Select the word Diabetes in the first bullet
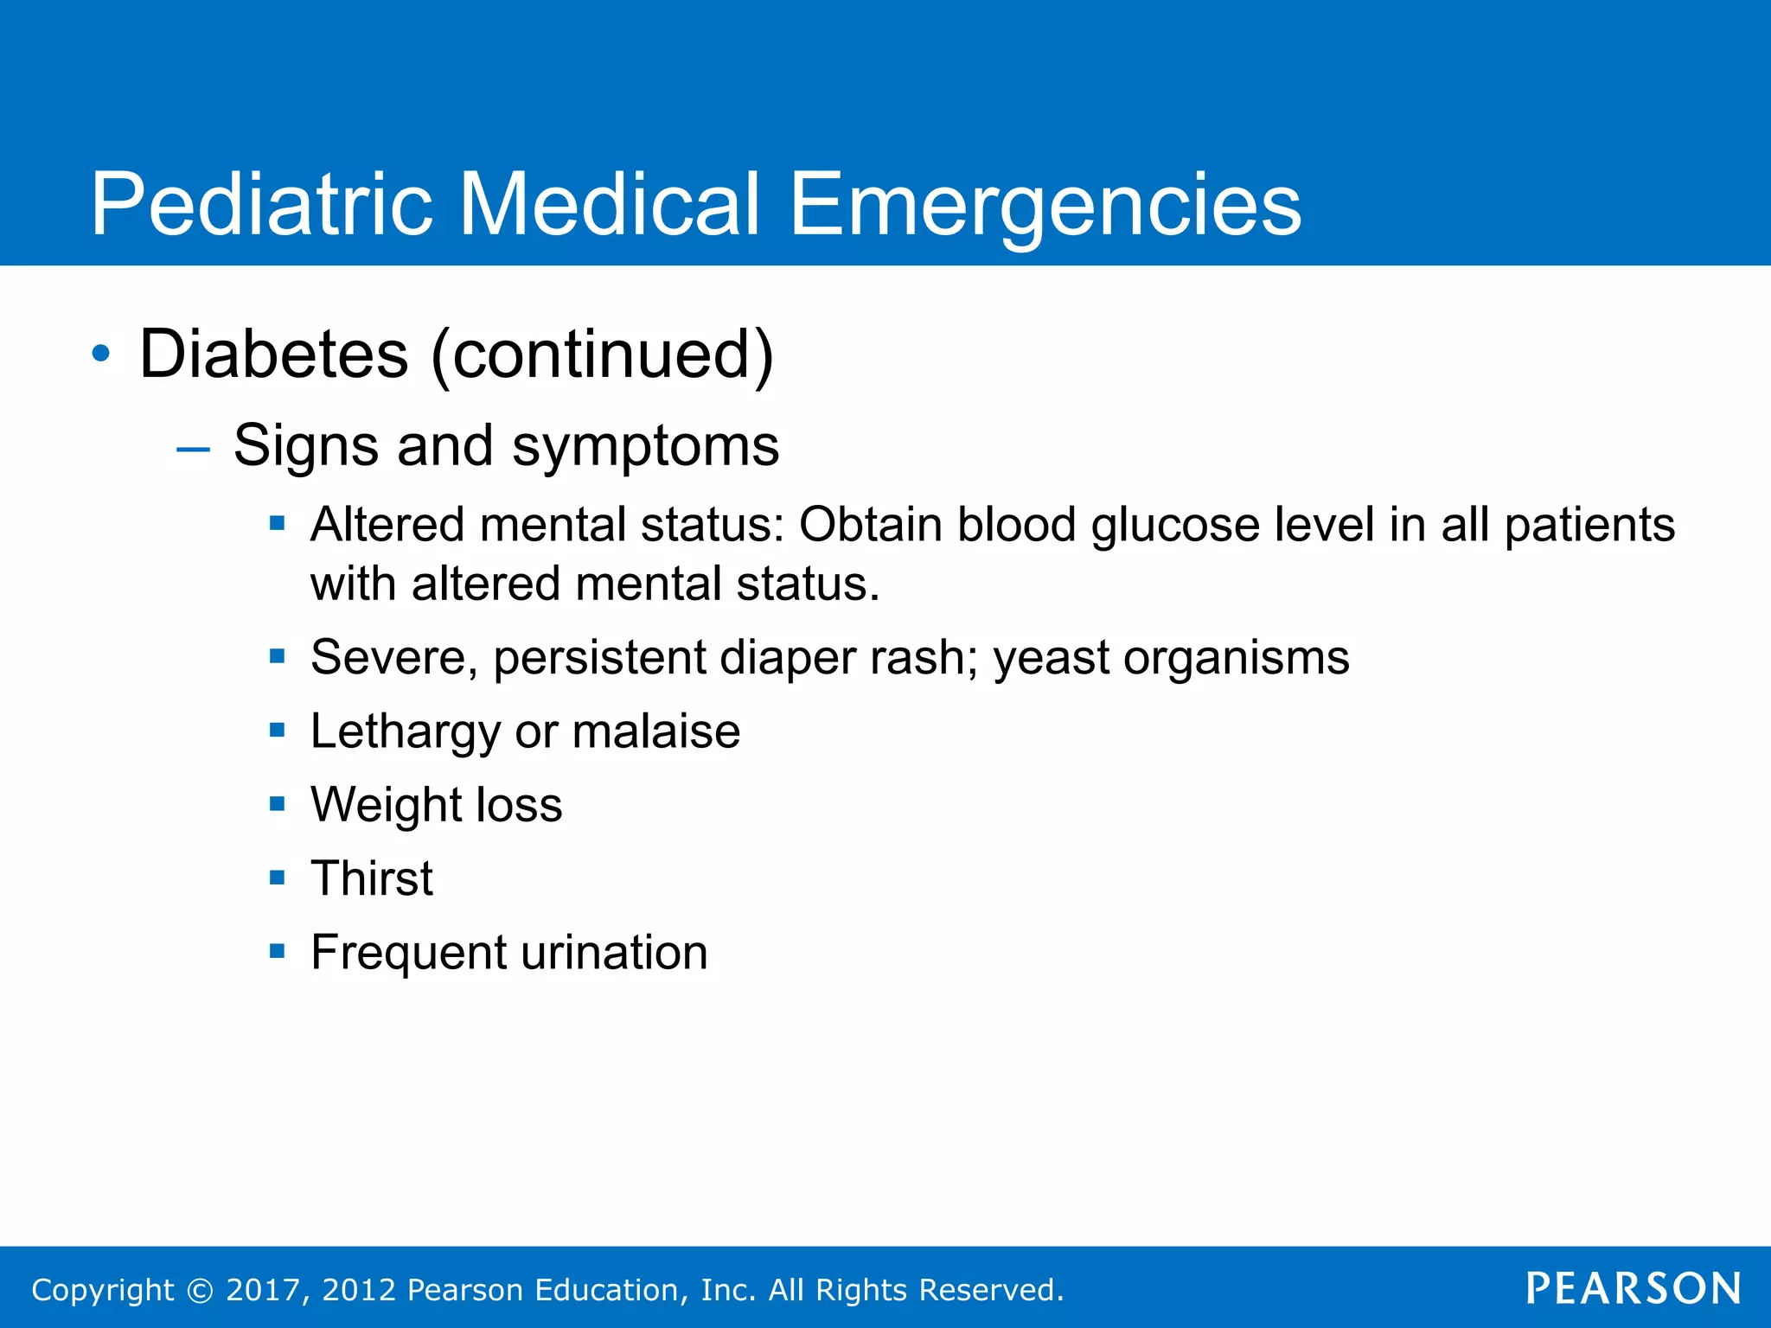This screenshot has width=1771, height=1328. pyautogui.click(x=273, y=354)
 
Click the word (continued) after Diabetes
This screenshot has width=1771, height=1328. pyautogui.click(x=602, y=354)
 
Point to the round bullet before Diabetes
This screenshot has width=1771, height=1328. pyautogui.click(x=101, y=354)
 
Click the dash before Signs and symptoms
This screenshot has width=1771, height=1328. pyautogui.click(x=192, y=449)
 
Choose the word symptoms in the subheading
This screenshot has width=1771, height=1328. pyautogui.click(x=645, y=447)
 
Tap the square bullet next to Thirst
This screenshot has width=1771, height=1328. pyautogui.click(x=277, y=878)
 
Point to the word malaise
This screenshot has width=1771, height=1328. pyautogui.click(x=655, y=731)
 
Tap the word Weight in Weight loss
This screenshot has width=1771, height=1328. pyautogui.click(x=387, y=806)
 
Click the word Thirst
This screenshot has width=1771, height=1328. pyautogui.click(x=372, y=878)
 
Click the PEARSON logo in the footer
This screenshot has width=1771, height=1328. pyautogui.click(x=1634, y=1289)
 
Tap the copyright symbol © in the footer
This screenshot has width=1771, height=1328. pyautogui.click(x=200, y=1291)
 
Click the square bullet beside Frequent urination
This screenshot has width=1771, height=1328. pyautogui.click(x=277, y=952)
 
